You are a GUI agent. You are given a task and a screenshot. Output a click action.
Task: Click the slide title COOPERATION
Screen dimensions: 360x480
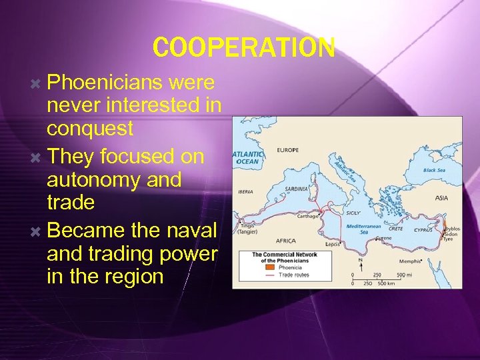pyautogui.click(x=243, y=47)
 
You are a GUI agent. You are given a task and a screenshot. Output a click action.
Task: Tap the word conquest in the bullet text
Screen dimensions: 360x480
pyautogui.click(x=90, y=128)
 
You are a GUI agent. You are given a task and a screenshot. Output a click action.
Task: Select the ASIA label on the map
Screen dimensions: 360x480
pyautogui.click(x=442, y=198)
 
